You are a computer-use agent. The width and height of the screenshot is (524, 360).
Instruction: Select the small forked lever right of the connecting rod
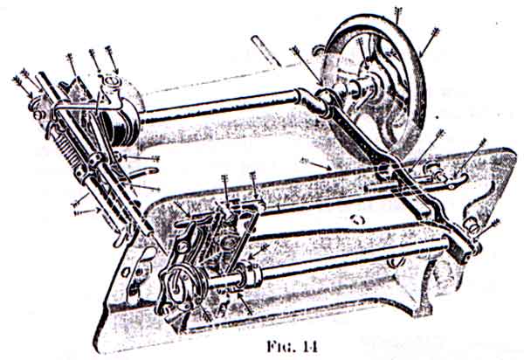click(x=437, y=179)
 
